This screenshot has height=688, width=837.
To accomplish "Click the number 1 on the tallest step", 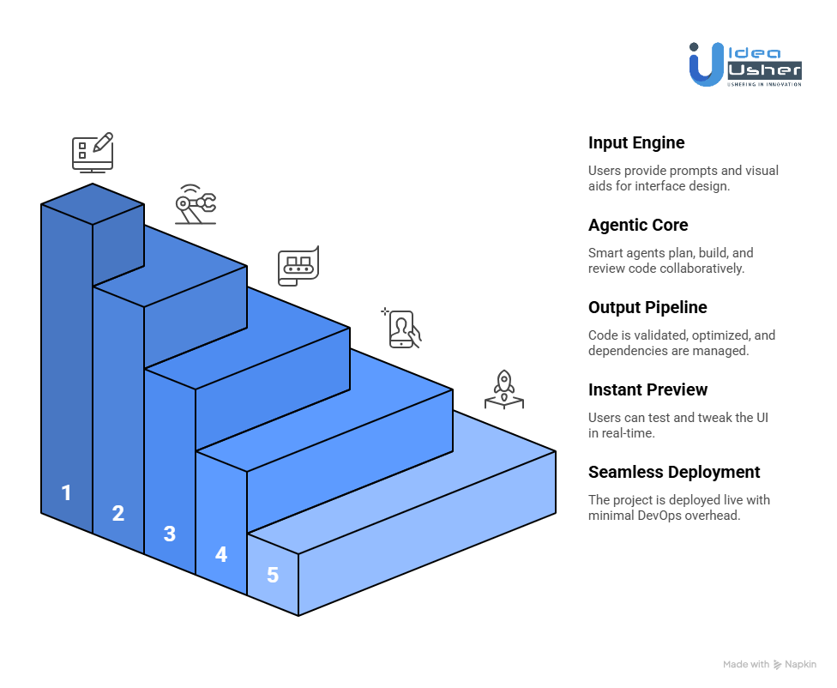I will [x=66, y=492].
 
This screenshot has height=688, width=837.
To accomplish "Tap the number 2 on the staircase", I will [x=117, y=513].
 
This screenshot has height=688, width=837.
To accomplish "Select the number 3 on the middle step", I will [x=169, y=534].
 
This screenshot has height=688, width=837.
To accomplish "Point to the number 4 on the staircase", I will [x=220, y=554].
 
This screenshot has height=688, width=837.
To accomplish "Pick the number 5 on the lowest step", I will [x=272, y=575].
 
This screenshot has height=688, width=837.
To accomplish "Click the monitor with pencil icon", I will [x=92, y=153].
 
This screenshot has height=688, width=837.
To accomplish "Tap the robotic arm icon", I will [x=196, y=204].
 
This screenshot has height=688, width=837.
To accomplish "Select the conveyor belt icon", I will [x=298, y=266].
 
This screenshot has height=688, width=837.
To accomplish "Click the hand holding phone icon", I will [x=401, y=329].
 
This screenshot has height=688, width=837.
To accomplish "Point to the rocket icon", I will [x=504, y=389].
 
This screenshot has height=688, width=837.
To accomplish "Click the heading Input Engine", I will [x=635, y=143].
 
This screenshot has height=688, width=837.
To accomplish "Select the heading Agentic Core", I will [x=638, y=226].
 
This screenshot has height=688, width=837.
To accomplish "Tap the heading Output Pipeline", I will [x=647, y=308].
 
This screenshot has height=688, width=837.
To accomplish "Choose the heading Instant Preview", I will [x=647, y=390].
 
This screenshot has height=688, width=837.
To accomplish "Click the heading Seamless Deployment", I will [x=674, y=473].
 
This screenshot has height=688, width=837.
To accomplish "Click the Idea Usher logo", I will [x=744, y=63].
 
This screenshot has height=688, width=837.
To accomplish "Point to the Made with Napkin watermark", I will [x=769, y=664].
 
